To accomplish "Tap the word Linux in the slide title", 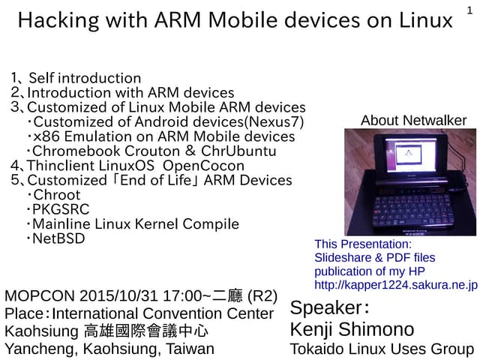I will click(x=426, y=20).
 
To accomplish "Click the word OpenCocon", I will click(x=203, y=166).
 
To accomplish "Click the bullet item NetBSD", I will click(x=58, y=238).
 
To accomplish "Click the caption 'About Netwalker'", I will click(x=413, y=120).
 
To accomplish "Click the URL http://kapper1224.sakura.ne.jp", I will click(x=396, y=285).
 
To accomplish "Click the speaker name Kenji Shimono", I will click(x=351, y=329).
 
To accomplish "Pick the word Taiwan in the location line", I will click(x=190, y=349).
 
